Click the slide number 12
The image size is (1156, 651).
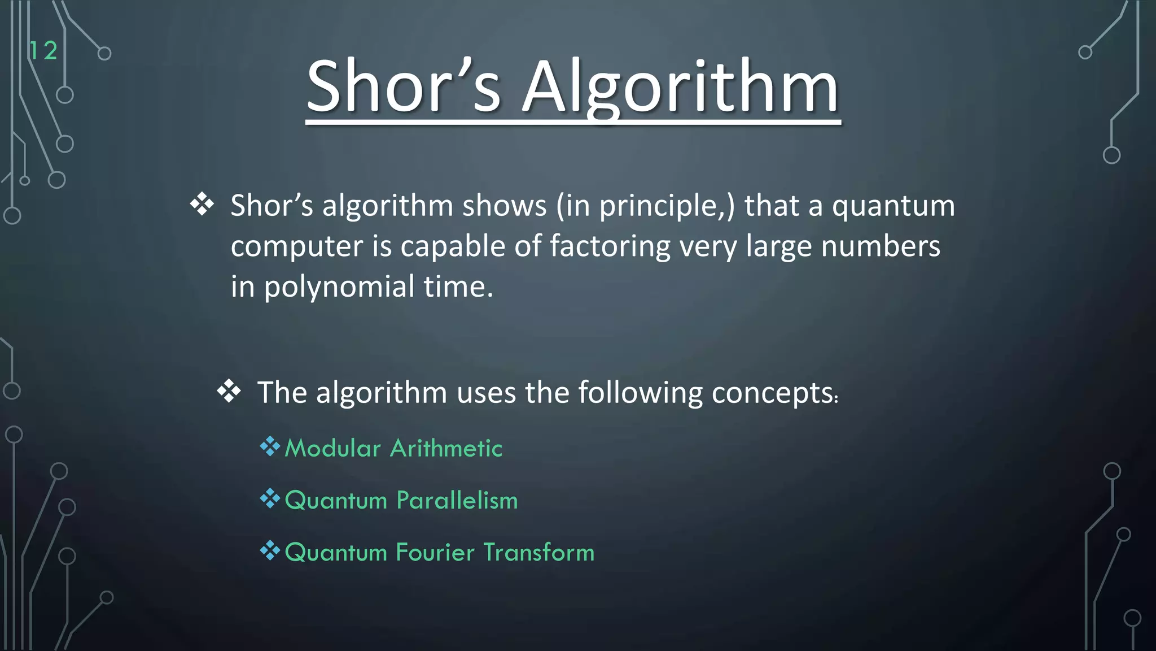43,51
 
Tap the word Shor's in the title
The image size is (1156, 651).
403,88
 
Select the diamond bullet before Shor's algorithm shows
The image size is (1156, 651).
202,205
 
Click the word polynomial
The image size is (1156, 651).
339,287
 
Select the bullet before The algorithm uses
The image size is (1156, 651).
229,391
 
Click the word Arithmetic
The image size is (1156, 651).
446,449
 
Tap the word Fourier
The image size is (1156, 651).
435,553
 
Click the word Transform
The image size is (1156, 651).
538,553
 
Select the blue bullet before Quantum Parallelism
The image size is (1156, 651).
270,499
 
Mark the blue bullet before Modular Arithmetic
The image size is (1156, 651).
270,447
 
